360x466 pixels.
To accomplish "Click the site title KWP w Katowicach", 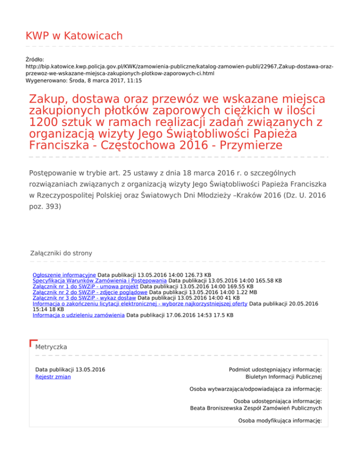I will [x=74, y=36].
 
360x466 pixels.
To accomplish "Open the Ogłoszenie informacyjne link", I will [x=64, y=274].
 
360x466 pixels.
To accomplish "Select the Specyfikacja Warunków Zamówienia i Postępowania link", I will [x=100, y=280].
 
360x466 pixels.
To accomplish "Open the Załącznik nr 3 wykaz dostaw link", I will [x=84, y=298].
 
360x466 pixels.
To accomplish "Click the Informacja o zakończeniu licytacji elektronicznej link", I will [x=140, y=304].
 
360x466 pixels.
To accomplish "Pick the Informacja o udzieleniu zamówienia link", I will [x=78, y=316].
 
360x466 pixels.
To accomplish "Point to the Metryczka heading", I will [x=51, y=347].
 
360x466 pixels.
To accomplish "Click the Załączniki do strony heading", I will [x=61, y=253].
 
